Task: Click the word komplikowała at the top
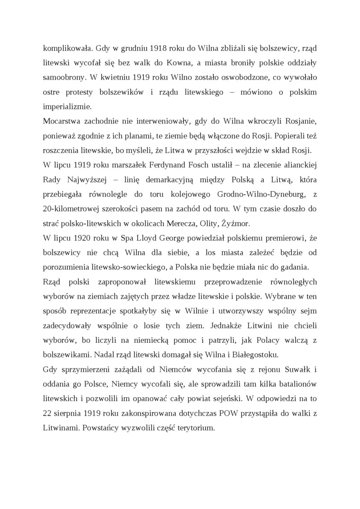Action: click(65, 48)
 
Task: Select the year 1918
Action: click(159, 48)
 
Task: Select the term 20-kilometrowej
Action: click(69, 209)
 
